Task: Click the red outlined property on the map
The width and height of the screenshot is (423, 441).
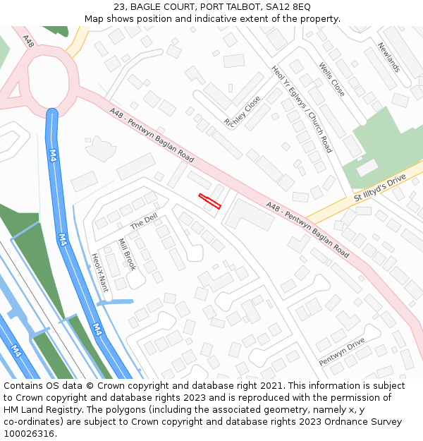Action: tap(210, 201)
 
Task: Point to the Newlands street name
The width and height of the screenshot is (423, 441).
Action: tap(388, 57)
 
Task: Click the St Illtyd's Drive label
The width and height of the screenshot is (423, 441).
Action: tap(380, 189)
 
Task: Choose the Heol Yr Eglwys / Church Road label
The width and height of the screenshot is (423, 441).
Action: tap(301, 109)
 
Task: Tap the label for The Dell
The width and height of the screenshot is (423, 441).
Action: tap(144, 222)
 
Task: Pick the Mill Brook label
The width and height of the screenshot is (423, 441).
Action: tap(127, 255)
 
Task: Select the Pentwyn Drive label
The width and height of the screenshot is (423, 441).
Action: tap(341, 351)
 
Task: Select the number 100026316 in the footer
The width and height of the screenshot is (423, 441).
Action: tap(30, 433)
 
